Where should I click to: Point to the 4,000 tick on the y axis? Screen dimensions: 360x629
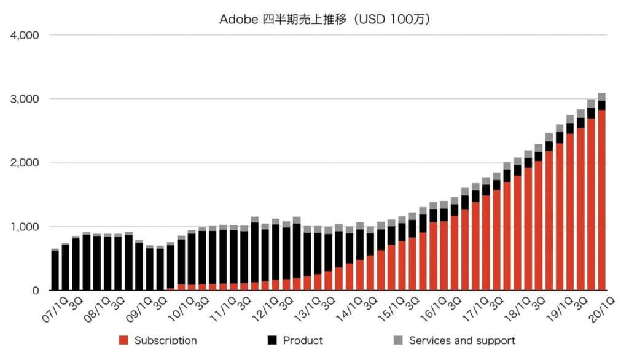point(25,35)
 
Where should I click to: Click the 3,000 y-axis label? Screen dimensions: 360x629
point(25,99)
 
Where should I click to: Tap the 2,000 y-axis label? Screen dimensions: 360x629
point(25,163)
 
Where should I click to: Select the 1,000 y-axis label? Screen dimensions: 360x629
point(25,227)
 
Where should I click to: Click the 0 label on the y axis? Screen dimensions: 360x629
point(35,291)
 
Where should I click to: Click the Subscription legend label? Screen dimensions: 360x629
point(165,340)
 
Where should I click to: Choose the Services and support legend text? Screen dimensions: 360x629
point(462,340)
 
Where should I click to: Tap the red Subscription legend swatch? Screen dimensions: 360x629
point(124,340)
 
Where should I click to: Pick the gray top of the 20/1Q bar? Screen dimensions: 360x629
point(602,96)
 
